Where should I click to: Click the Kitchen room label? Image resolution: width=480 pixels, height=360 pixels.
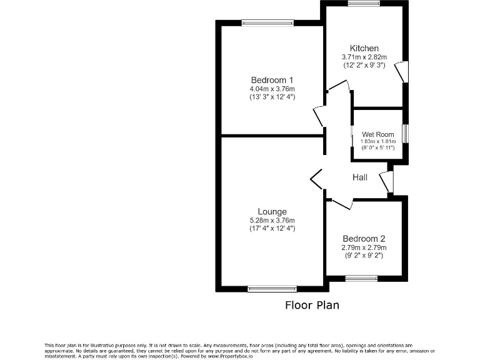point(364,49)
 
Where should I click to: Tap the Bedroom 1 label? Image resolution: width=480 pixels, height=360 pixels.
point(272,80)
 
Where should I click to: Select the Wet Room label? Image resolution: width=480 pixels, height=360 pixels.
point(378,134)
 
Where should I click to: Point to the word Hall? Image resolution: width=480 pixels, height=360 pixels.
point(360,177)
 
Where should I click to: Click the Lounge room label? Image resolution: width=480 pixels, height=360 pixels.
point(272,212)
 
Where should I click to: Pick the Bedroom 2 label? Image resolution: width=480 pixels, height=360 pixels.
point(364,239)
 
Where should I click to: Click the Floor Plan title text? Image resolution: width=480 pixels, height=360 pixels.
point(312,306)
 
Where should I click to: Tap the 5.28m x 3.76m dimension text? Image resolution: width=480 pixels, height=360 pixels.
point(272,221)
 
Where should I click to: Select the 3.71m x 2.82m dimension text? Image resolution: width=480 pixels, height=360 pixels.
point(364,57)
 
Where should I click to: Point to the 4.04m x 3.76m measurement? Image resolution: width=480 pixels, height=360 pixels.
point(272,89)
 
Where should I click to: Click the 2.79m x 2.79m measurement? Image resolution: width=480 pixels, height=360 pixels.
point(364,247)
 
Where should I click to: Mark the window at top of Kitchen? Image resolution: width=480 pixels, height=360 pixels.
point(364,4)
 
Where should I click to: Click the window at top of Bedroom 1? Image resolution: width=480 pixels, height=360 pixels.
point(267,24)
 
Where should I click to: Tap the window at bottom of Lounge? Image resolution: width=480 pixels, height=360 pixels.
point(272,289)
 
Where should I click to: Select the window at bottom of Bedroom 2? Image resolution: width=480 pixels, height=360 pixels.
point(362,278)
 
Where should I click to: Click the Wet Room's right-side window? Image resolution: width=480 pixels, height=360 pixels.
point(406,134)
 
